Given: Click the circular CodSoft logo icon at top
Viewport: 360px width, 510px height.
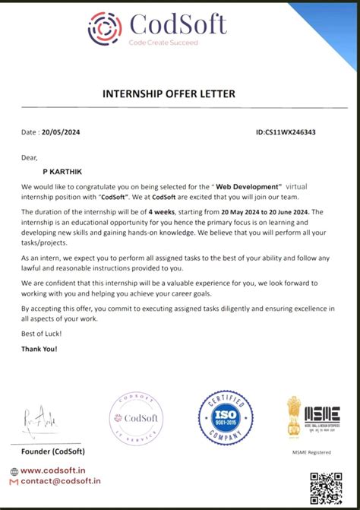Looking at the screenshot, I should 105,28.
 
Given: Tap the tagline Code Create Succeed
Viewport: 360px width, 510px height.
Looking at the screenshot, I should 163,43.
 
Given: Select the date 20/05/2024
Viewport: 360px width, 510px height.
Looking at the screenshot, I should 61,131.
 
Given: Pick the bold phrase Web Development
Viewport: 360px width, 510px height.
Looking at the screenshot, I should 248,185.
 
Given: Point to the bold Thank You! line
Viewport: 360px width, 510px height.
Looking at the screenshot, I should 39,349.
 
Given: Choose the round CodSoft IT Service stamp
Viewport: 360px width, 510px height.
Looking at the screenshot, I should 136,418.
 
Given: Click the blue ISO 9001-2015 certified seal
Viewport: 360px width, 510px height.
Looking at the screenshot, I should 226,417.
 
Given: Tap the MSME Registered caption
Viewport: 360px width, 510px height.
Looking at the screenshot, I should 313,452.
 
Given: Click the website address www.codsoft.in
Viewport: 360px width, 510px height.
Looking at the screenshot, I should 58,471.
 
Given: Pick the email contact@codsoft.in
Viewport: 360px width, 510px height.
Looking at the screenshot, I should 60,481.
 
